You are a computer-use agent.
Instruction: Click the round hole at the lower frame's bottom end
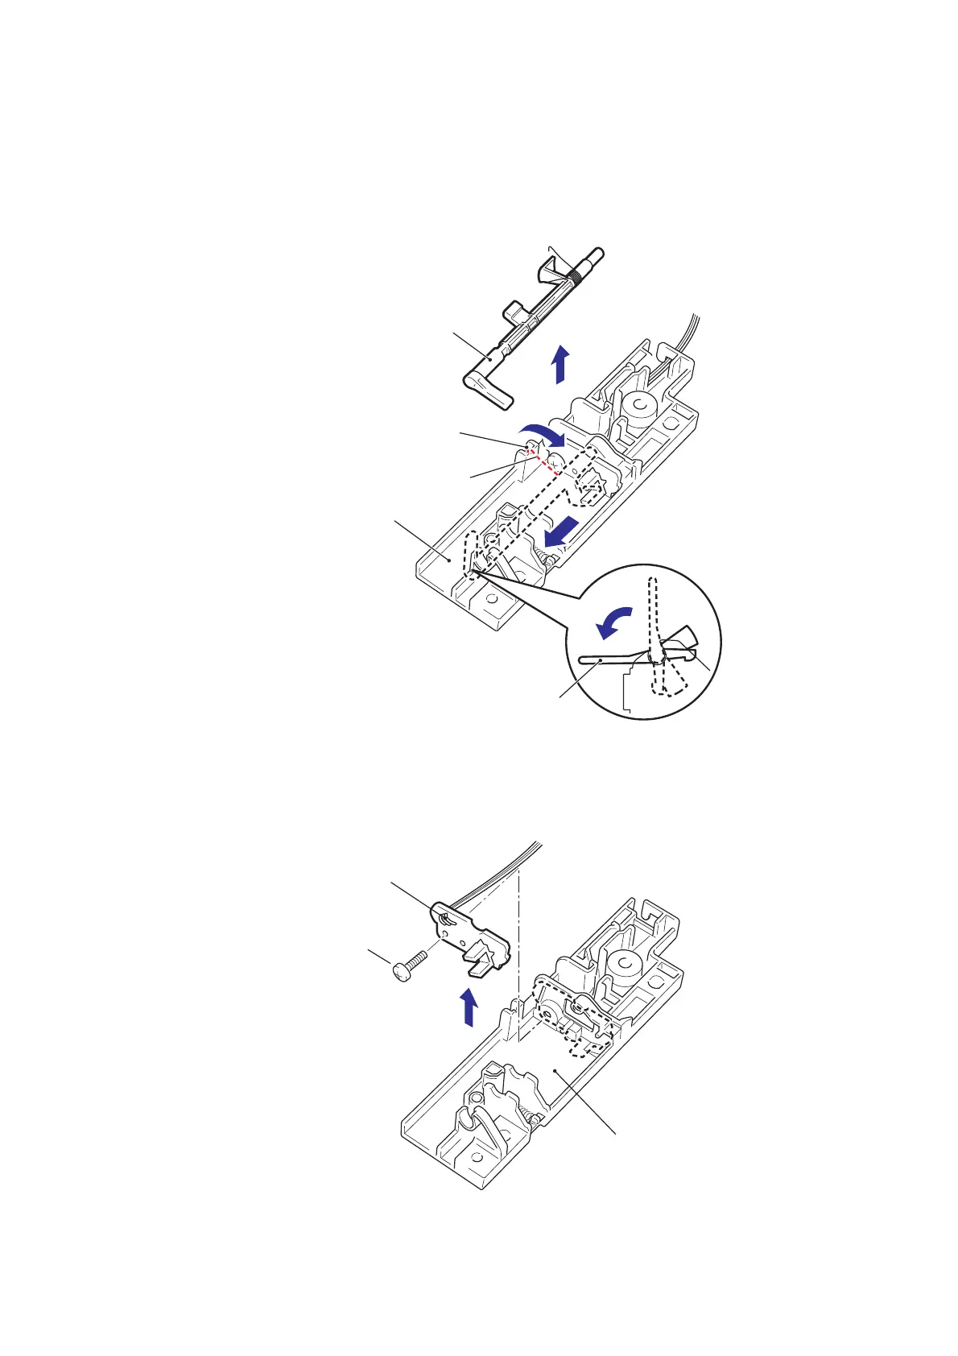pos(477,1158)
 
